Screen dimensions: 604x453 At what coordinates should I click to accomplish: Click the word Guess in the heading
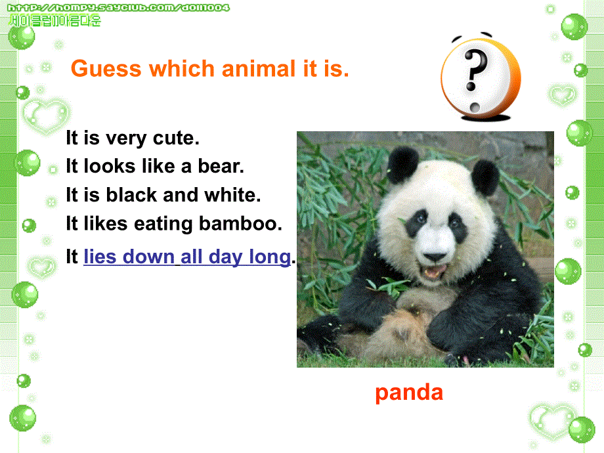pos(106,69)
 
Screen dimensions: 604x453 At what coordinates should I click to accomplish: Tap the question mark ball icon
pos(481,77)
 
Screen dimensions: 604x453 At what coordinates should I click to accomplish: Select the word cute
pos(176,138)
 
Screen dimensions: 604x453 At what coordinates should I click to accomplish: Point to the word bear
pos(221,166)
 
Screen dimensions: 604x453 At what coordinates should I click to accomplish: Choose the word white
pos(232,194)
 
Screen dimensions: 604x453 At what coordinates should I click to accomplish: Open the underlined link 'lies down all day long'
pos(187,257)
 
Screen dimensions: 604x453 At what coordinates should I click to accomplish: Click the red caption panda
pos(409,393)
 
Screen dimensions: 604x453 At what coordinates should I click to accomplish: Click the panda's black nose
pos(435,257)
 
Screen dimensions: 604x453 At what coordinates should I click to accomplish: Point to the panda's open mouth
pos(436,271)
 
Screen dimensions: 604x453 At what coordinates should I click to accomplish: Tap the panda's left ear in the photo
pos(403,165)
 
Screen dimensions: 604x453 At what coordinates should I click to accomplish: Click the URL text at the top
pos(118,8)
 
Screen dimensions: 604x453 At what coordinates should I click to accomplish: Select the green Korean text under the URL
pos(54,20)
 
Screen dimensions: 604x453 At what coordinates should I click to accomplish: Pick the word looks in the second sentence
pos(110,166)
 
